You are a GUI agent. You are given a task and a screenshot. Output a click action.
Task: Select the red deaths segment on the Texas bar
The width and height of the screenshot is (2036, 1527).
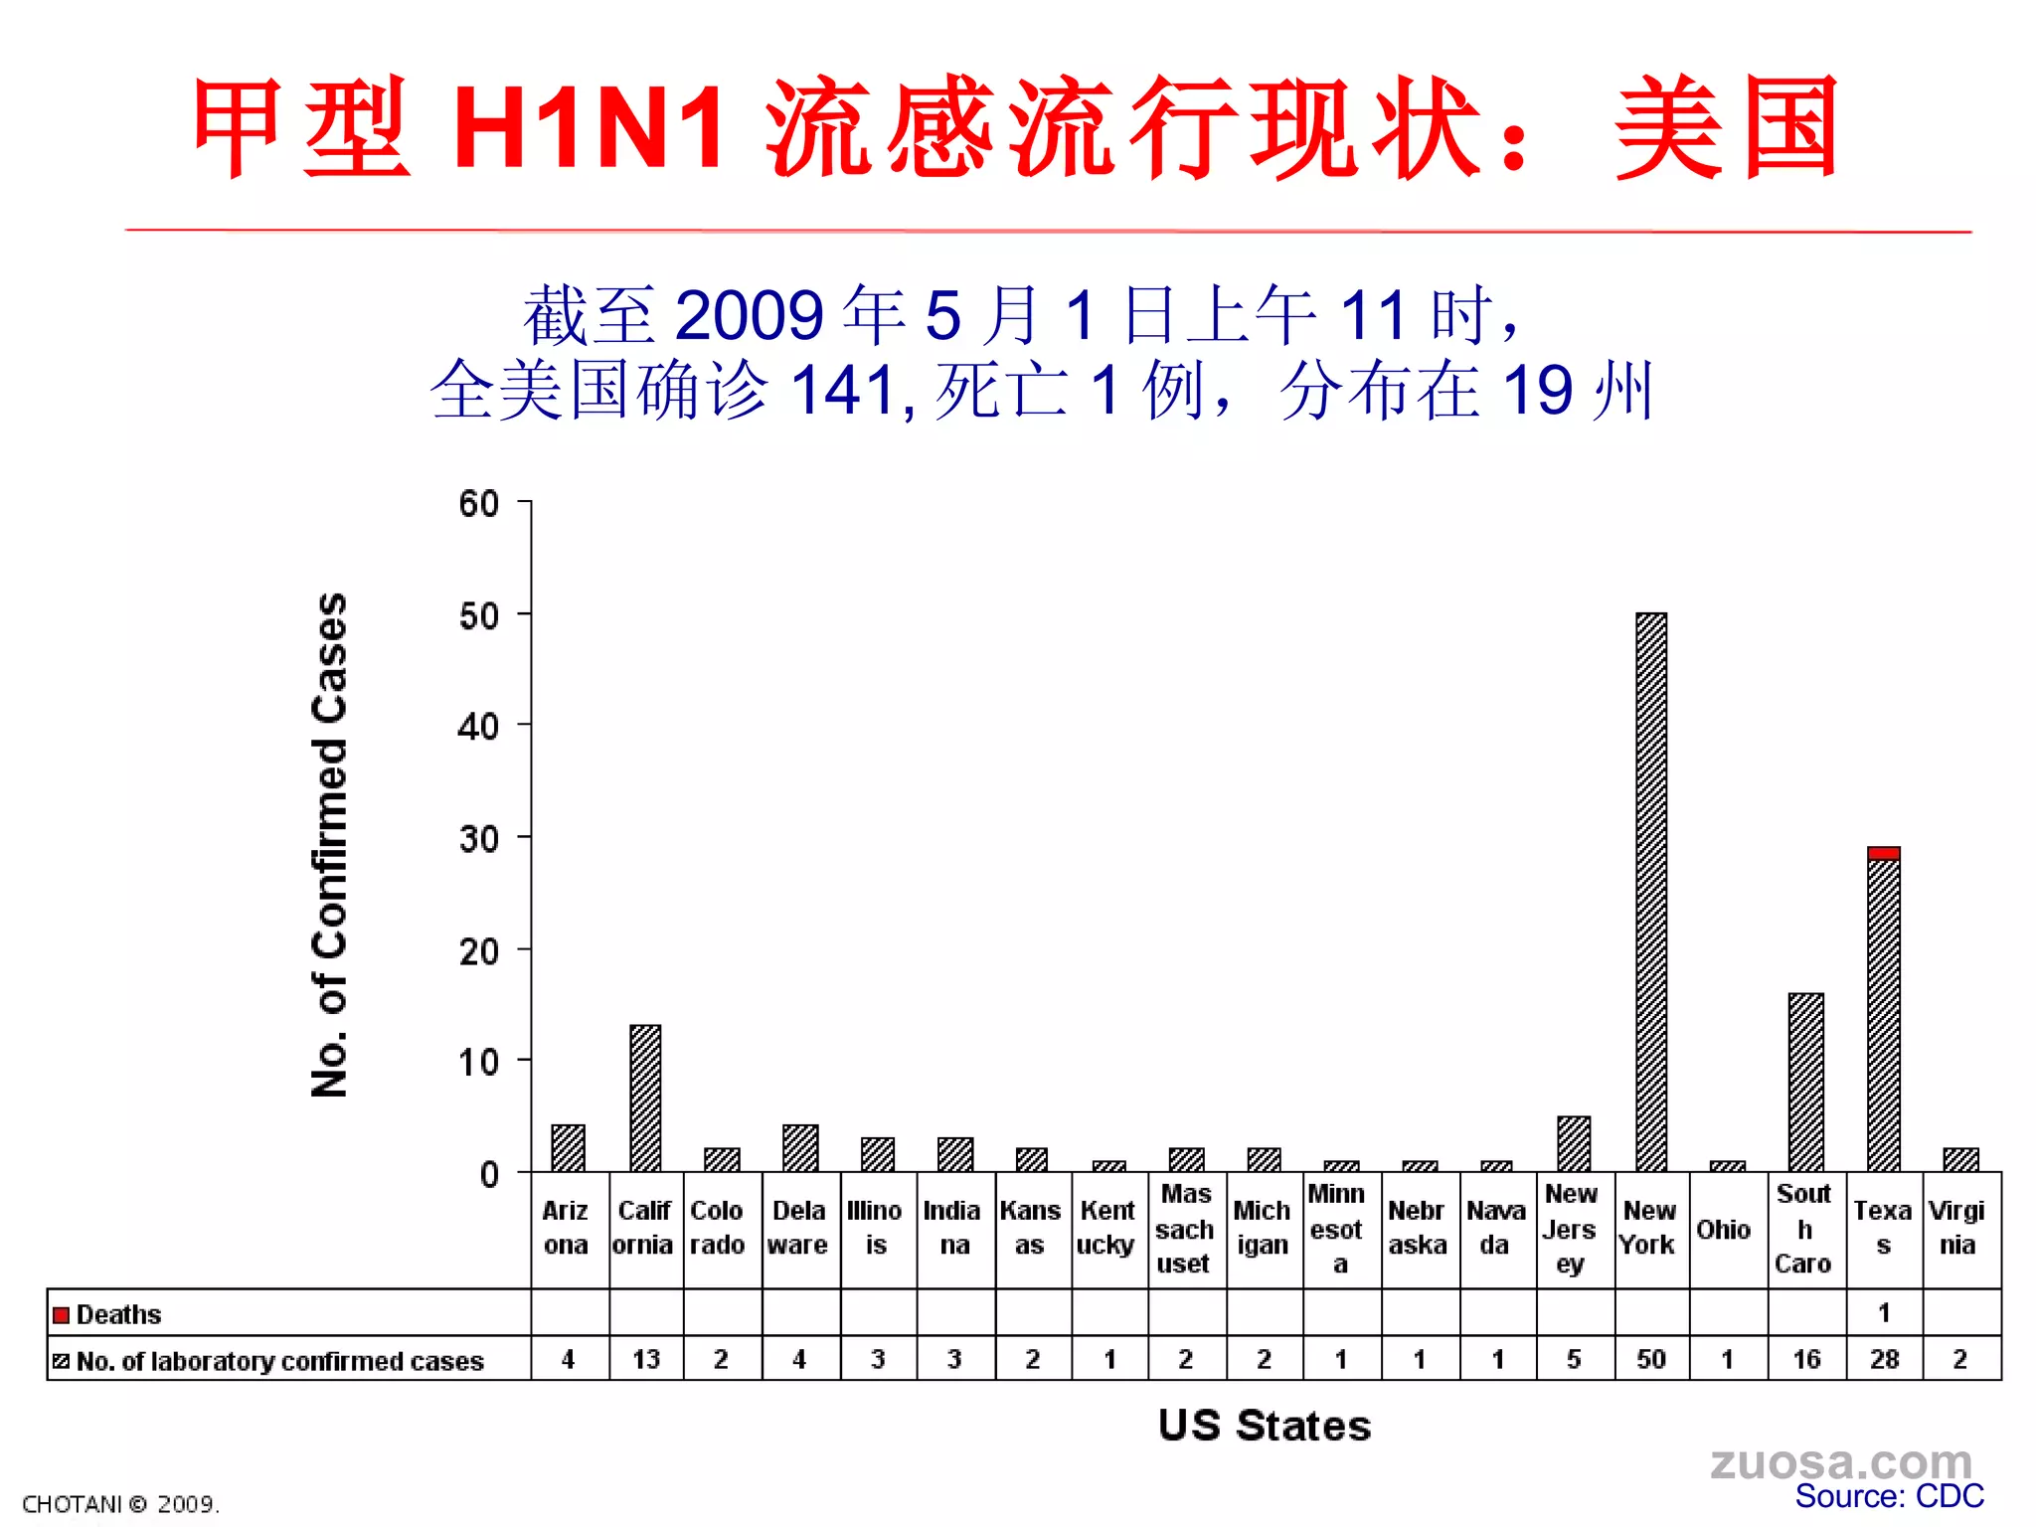[x=1883, y=853]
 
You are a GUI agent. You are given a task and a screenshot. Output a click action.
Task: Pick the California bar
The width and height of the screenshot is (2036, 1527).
[x=645, y=1098]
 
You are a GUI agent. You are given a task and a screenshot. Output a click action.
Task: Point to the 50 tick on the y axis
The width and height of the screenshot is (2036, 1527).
[x=478, y=616]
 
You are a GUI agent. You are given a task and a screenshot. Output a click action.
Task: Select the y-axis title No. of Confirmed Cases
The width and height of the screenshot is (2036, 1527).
[x=329, y=845]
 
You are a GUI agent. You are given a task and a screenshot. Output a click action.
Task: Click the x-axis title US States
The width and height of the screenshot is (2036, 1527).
[x=1265, y=1426]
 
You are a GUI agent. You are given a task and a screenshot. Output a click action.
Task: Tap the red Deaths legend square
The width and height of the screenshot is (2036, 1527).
[x=62, y=1315]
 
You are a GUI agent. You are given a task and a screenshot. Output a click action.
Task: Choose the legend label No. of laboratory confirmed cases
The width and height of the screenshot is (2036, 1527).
[x=279, y=1361]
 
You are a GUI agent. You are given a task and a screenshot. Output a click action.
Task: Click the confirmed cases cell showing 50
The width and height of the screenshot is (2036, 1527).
[x=1651, y=1359]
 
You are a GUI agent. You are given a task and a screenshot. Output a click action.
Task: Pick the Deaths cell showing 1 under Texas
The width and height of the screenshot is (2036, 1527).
[x=1883, y=1313]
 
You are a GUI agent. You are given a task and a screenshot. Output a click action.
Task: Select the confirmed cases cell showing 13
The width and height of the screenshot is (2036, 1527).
[x=645, y=1359]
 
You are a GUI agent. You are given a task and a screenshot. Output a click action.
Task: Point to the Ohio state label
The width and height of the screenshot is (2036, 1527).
[x=1724, y=1230]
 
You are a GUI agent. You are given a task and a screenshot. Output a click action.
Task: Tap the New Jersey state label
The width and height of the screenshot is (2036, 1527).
[x=1571, y=1229]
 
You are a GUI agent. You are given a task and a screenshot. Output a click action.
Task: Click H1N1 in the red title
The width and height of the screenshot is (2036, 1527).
[x=589, y=127]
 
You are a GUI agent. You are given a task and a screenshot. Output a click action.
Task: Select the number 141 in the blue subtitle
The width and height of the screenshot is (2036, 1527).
[x=846, y=390]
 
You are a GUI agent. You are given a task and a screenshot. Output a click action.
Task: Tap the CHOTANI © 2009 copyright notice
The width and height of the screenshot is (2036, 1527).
[x=120, y=1504]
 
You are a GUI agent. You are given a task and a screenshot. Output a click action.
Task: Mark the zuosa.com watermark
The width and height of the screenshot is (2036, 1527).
[x=1841, y=1461]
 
